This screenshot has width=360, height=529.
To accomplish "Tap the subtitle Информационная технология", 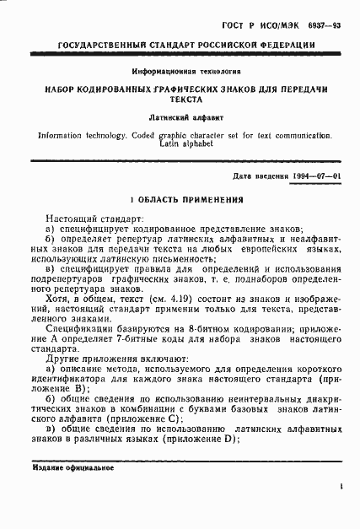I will tap(180, 73).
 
